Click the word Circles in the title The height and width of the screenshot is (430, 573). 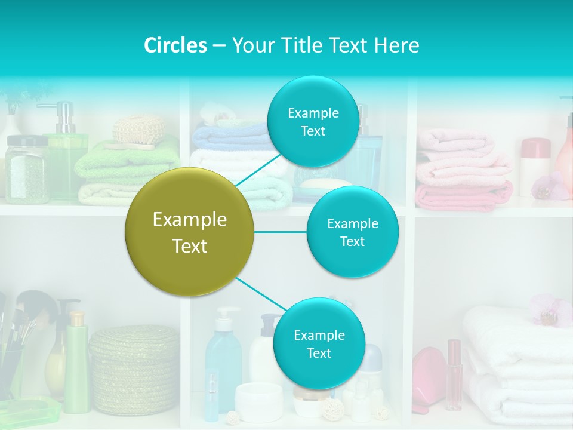point(175,45)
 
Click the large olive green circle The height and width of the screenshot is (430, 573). point(190,232)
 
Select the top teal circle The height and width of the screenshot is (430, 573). point(313,121)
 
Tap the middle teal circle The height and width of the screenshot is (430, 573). point(352,232)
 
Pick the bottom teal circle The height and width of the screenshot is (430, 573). point(319,343)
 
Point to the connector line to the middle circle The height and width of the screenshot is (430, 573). point(280,232)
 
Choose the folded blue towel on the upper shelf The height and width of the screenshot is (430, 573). point(230,136)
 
